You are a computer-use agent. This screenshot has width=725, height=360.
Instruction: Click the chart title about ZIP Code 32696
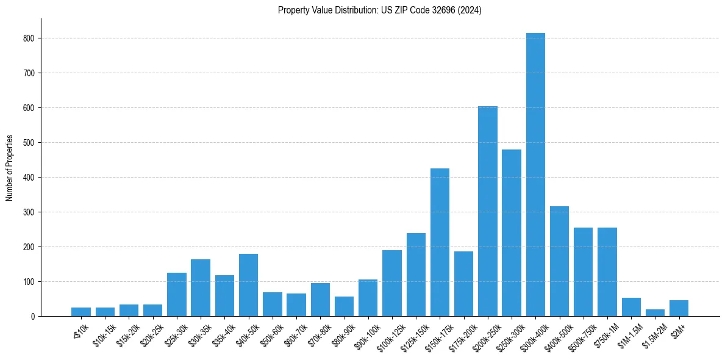click(379, 10)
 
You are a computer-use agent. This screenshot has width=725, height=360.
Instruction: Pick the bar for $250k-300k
click(512, 232)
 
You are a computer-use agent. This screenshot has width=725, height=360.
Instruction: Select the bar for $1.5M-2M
click(655, 313)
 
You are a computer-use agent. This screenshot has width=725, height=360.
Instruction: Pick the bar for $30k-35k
click(201, 287)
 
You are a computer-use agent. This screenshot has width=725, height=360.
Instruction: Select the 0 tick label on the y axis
click(34, 316)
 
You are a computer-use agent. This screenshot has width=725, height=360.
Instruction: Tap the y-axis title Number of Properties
click(9, 167)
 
